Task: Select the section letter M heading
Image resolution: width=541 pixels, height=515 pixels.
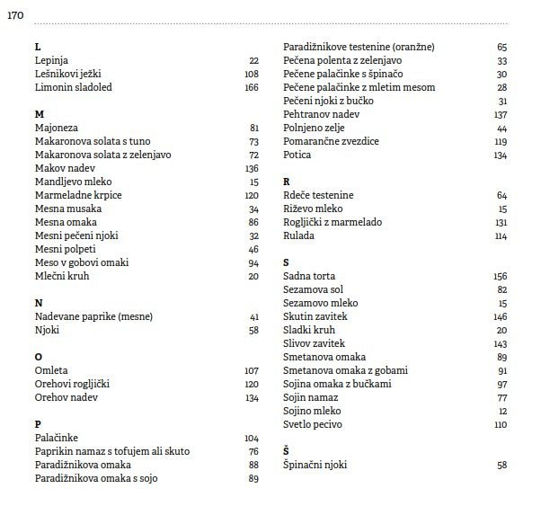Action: point(39,114)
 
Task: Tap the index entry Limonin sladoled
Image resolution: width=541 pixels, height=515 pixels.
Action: point(73,87)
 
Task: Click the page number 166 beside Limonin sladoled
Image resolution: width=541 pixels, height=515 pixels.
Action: point(251,87)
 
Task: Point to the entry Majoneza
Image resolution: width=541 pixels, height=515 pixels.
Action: point(57,128)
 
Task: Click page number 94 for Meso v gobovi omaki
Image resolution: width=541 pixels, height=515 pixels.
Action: point(253,262)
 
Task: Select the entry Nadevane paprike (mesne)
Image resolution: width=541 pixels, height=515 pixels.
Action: point(93,316)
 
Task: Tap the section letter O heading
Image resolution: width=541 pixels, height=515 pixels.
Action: point(39,357)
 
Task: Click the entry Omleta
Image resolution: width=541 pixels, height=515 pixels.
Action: point(51,370)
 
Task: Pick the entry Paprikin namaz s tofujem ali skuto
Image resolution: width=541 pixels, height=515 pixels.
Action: point(112,451)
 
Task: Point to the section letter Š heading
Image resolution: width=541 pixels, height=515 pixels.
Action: point(286,451)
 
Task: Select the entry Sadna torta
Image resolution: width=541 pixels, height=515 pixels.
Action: point(309,276)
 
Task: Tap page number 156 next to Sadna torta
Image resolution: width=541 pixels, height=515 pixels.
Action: point(501,276)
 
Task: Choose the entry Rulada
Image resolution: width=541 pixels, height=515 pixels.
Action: point(298,235)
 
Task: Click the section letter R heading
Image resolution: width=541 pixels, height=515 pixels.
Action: point(286,182)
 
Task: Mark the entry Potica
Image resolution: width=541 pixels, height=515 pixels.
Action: point(297,155)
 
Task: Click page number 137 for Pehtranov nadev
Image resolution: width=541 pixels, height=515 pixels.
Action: point(501,114)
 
